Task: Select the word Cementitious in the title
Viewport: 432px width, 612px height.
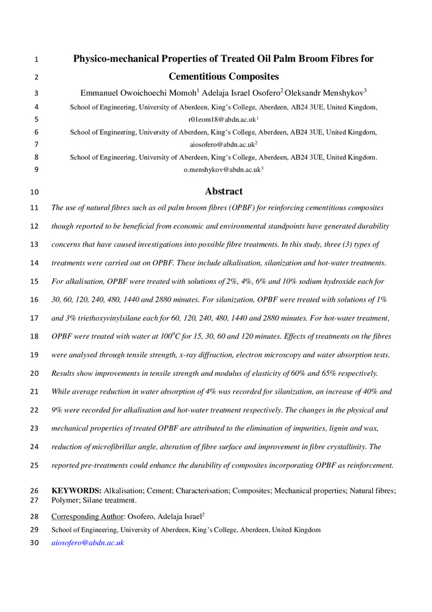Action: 199,77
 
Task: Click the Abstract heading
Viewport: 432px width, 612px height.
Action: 224,192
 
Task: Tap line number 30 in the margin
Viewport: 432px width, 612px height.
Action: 34,542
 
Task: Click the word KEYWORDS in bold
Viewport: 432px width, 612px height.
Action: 76,491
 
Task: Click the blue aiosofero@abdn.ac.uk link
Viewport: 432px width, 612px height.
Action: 88,542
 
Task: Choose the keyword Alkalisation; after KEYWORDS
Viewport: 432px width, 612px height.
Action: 125,491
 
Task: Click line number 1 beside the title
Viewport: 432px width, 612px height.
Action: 36,60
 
